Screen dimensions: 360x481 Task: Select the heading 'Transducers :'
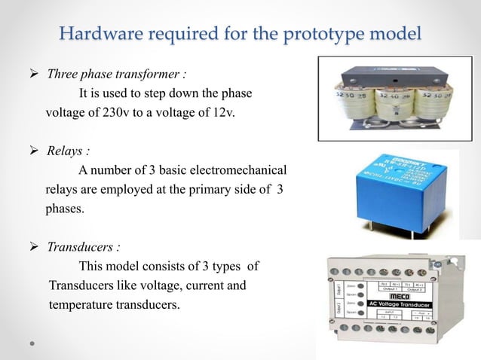click(84, 246)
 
